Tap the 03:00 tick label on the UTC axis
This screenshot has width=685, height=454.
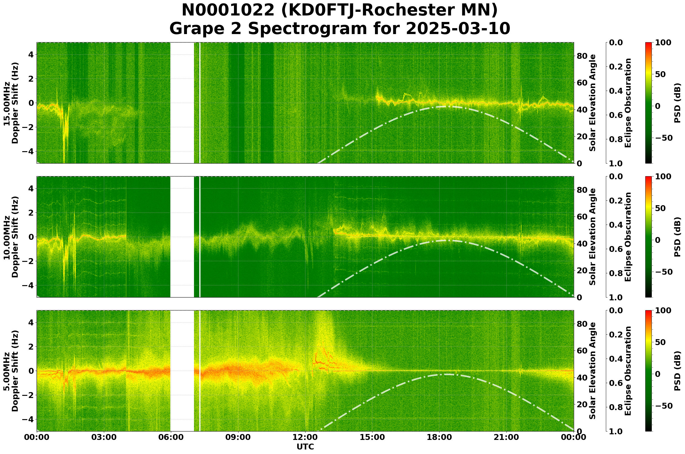(x=104, y=437)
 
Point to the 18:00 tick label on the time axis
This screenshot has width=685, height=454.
(x=439, y=437)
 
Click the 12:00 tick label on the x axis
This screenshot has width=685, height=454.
(x=305, y=437)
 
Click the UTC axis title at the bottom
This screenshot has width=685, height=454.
(x=305, y=447)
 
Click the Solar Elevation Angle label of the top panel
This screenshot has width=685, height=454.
(x=593, y=103)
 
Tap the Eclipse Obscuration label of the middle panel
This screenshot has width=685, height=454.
(x=628, y=237)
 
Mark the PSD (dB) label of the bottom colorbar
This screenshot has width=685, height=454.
(x=677, y=371)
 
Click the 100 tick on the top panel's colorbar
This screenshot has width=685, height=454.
(x=663, y=43)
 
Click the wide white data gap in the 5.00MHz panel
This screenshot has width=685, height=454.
(x=182, y=371)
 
